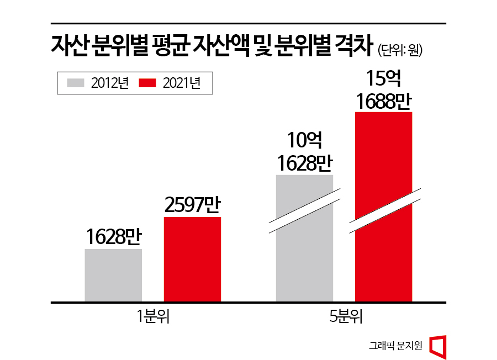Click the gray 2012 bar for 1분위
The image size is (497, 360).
(x=113, y=275)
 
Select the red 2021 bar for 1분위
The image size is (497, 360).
(x=192, y=259)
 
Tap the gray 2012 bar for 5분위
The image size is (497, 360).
(x=304, y=260)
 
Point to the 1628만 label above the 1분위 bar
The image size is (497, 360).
(x=113, y=237)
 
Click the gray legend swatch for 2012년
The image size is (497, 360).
(x=76, y=83)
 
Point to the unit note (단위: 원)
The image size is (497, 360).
(x=400, y=51)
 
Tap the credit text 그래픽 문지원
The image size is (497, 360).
(x=395, y=346)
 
